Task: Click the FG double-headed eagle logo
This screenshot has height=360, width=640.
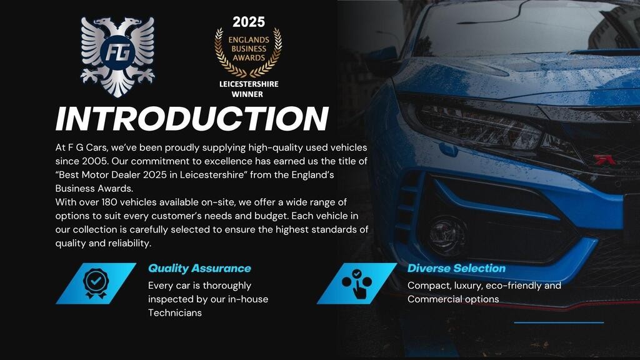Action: click(117, 57)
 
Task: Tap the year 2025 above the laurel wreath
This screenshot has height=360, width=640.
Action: click(249, 22)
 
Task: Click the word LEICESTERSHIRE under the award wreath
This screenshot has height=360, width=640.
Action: click(249, 84)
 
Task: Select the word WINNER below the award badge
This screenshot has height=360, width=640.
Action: click(247, 94)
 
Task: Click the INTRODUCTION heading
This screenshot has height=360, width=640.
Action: click(192, 119)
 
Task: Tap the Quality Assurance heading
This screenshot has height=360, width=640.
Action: click(199, 268)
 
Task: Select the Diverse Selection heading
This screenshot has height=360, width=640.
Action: click(456, 268)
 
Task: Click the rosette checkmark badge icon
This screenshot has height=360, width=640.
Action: click(96, 283)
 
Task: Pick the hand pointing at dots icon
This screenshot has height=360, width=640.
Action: click(357, 283)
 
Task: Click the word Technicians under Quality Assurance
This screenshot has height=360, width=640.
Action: click(175, 313)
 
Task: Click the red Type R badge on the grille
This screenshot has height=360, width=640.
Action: click(604, 160)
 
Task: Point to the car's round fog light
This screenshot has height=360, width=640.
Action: click(447, 236)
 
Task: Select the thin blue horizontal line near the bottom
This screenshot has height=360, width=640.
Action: click(559, 323)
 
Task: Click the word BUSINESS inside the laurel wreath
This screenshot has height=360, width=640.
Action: click(249, 49)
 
